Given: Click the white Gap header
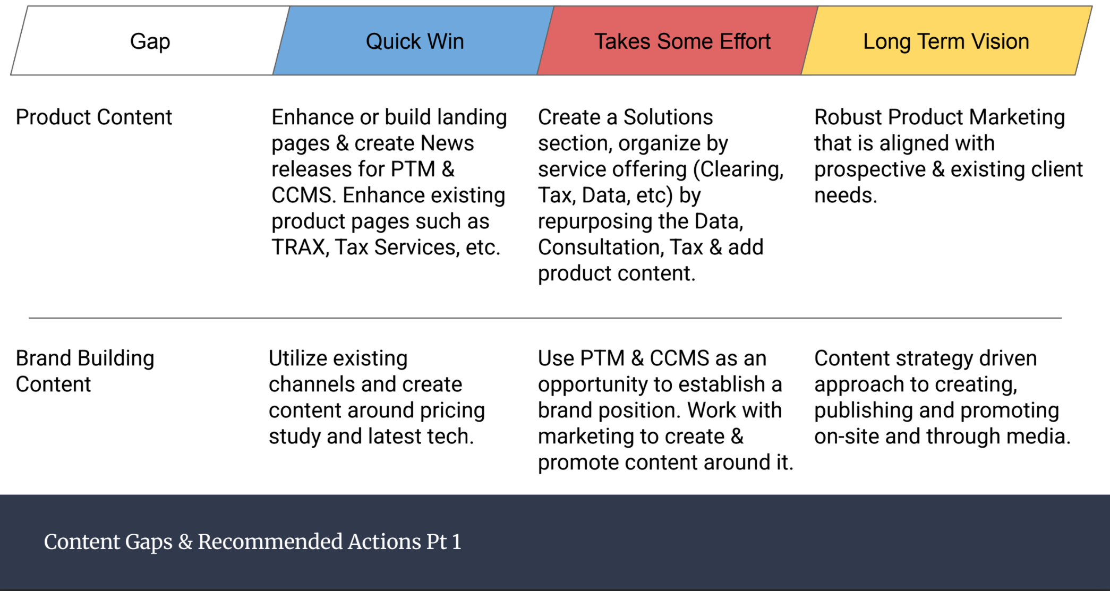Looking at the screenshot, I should pos(150,41).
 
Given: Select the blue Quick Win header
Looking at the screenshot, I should pos(414,41).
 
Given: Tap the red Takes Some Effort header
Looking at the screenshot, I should pos(682,41).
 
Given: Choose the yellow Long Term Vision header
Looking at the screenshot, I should pos(945,41).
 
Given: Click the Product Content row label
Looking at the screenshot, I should pos(93,117).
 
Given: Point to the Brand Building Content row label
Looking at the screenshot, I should pos(85,371).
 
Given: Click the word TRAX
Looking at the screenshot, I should pos(298,247).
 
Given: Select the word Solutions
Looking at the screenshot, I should pos(668,117).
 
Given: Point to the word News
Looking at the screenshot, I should pos(447,143).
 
